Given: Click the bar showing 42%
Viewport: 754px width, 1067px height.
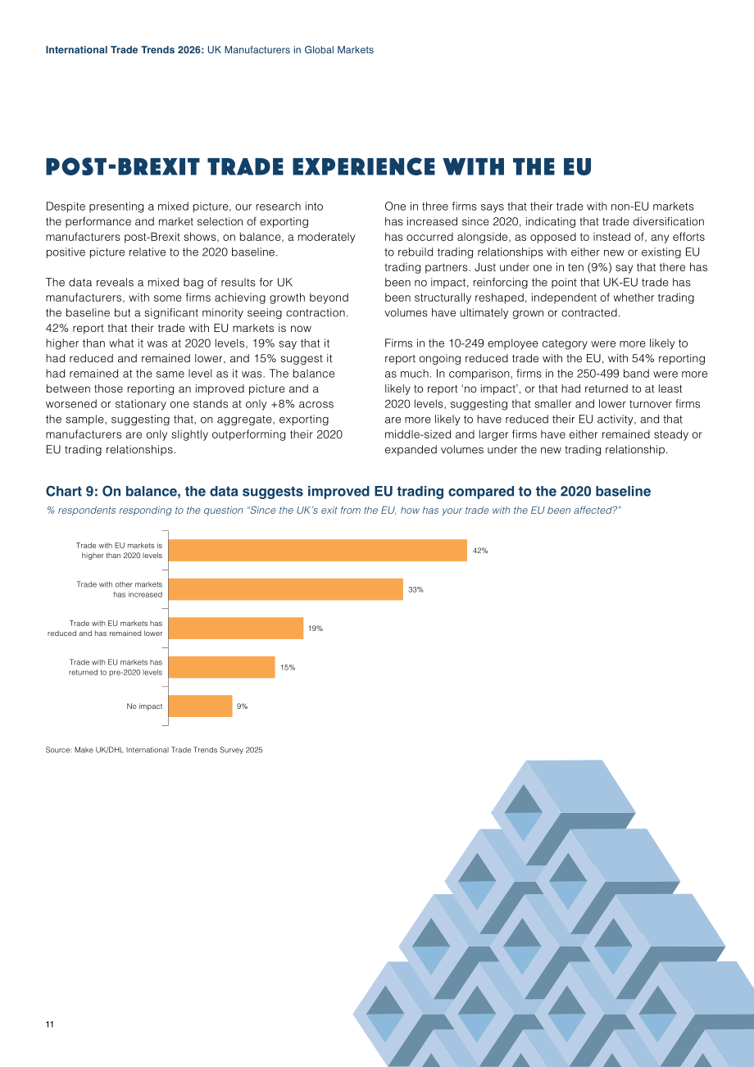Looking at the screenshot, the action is tap(318, 550).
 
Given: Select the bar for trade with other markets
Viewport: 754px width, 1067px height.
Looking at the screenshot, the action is tap(286, 589).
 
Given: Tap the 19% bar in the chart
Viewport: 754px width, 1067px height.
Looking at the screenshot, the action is tap(236, 629).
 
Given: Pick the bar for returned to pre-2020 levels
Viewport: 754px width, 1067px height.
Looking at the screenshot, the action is tap(221, 667).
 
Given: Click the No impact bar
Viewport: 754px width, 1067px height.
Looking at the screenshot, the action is tap(201, 706).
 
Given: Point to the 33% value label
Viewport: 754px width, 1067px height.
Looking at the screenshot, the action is tap(416, 589).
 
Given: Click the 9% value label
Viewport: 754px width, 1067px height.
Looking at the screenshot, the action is tap(242, 706).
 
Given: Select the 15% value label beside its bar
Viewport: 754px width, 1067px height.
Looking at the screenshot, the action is tap(288, 667).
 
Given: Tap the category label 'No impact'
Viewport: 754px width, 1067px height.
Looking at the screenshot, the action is tap(144, 706).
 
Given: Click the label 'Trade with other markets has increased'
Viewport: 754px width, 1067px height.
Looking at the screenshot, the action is tap(120, 589).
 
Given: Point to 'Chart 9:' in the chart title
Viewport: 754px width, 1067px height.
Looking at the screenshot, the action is tap(72, 491).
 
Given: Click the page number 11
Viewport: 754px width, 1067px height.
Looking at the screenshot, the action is tap(49, 1024).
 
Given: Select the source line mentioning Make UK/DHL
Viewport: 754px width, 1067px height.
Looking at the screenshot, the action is tap(154, 750).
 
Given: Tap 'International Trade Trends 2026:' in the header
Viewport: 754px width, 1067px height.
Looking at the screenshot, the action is tap(125, 50).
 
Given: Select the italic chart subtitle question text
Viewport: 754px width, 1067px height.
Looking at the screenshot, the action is tap(334, 511).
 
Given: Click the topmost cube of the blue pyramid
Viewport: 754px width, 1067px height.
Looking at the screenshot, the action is tap(562, 812).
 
